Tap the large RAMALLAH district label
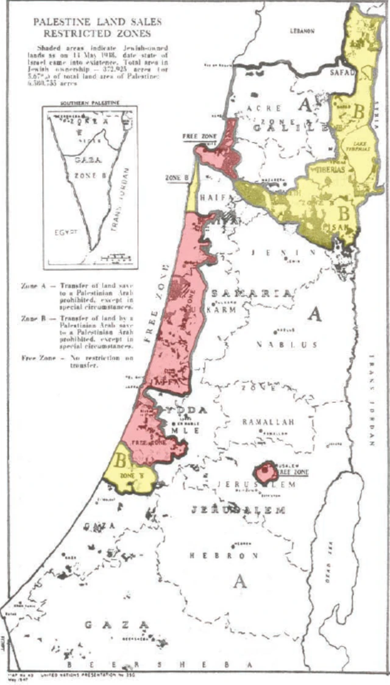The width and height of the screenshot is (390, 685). pos(268,422)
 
